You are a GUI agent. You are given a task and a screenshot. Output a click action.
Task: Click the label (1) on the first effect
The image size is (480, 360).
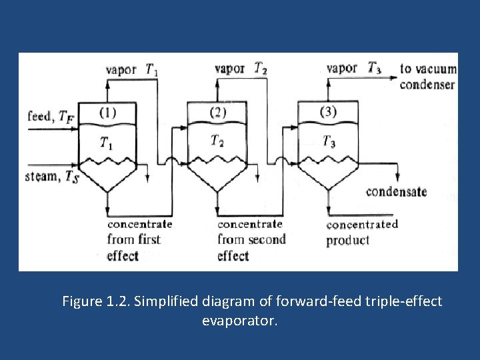(107, 113)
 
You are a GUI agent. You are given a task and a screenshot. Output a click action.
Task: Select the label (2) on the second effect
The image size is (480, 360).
(218, 112)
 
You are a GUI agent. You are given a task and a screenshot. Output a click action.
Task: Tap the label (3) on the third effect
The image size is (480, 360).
(328, 111)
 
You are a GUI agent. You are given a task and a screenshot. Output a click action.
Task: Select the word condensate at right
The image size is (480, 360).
(397, 191)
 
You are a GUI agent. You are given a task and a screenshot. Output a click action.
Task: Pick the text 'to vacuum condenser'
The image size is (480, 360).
(428, 76)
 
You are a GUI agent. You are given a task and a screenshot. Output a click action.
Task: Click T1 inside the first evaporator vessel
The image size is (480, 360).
(106, 141)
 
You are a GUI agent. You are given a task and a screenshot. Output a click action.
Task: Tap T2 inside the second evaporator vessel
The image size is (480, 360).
(217, 141)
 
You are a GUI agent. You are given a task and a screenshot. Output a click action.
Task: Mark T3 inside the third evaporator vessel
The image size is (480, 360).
(329, 141)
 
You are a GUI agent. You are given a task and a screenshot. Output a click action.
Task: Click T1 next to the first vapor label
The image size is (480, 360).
(151, 69)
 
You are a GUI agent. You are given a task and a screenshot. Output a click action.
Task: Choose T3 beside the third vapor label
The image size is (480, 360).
(375, 68)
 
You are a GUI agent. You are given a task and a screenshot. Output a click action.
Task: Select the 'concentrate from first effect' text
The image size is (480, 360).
(139, 239)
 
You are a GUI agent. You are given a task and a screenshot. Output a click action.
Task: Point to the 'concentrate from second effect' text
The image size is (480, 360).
(251, 239)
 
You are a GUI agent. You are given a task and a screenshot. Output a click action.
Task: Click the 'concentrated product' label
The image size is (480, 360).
(362, 232)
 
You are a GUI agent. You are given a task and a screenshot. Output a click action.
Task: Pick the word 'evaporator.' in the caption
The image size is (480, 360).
(239, 321)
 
